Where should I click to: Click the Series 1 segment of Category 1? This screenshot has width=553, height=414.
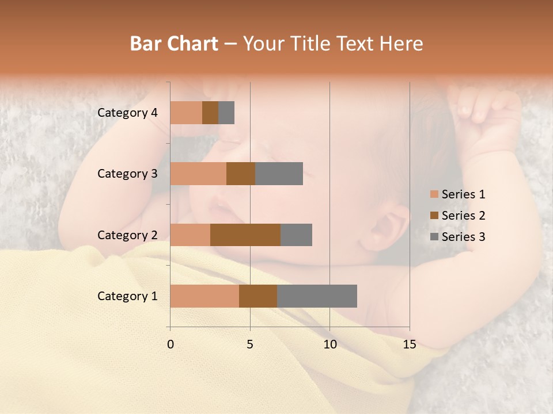pyautogui.click(x=204, y=296)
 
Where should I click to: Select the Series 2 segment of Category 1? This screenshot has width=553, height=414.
pyautogui.click(x=258, y=296)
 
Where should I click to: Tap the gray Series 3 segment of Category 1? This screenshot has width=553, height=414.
pyautogui.click(x=317, y=296)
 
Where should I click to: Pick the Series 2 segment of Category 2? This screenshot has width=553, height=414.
pyautogui.click(x=245, y=235)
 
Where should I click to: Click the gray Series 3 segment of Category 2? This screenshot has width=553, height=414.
pyautogui.click(x=296, y=235)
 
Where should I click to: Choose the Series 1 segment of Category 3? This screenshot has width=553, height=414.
pyautogui.click(x=198, y=174)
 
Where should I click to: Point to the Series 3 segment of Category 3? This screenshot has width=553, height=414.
pyautogui.click(x=279, y=174)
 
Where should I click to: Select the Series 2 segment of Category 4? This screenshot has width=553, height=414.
pyautogui.click(x=210, y=113)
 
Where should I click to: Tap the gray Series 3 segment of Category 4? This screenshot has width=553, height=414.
pyautogui.click(x=226, y=113)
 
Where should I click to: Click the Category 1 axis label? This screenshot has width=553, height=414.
pyautogui.click(x=127, y=296)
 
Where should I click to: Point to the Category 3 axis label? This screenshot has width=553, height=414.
pyautogui.click(x=127, y=174)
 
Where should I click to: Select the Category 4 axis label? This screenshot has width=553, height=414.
pyautogui.click(x=127, y=113)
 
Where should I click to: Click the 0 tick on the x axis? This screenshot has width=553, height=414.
pyautogui.click(x=171, y=344)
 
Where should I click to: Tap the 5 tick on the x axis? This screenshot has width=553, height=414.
pyautogui.click(x=250, y=344)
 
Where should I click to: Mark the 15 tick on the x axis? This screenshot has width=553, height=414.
pyautogui.click(x=410, y=344)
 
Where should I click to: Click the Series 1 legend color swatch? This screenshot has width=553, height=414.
pyautogui.click(x=434, y=194)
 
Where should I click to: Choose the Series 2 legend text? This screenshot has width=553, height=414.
pyautogui.click(x=463, y=216)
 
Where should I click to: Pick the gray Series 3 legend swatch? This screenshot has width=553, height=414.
pyautogui.click(x=434, y=237)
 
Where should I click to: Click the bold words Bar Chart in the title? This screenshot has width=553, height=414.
pyautogui.click(x=174, y=44)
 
